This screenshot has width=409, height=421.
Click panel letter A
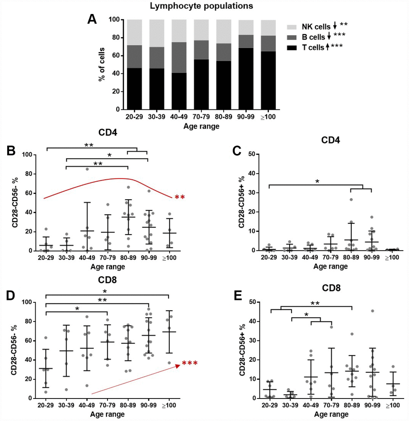click(x=92, y=19)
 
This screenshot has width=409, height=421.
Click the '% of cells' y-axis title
click(x=102, y=64)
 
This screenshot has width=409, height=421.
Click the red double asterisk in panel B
click(x=180, y=197)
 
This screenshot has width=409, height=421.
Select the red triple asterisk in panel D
click(x=190, y=364)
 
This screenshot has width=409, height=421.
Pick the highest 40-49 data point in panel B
click(x=87, y=169)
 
